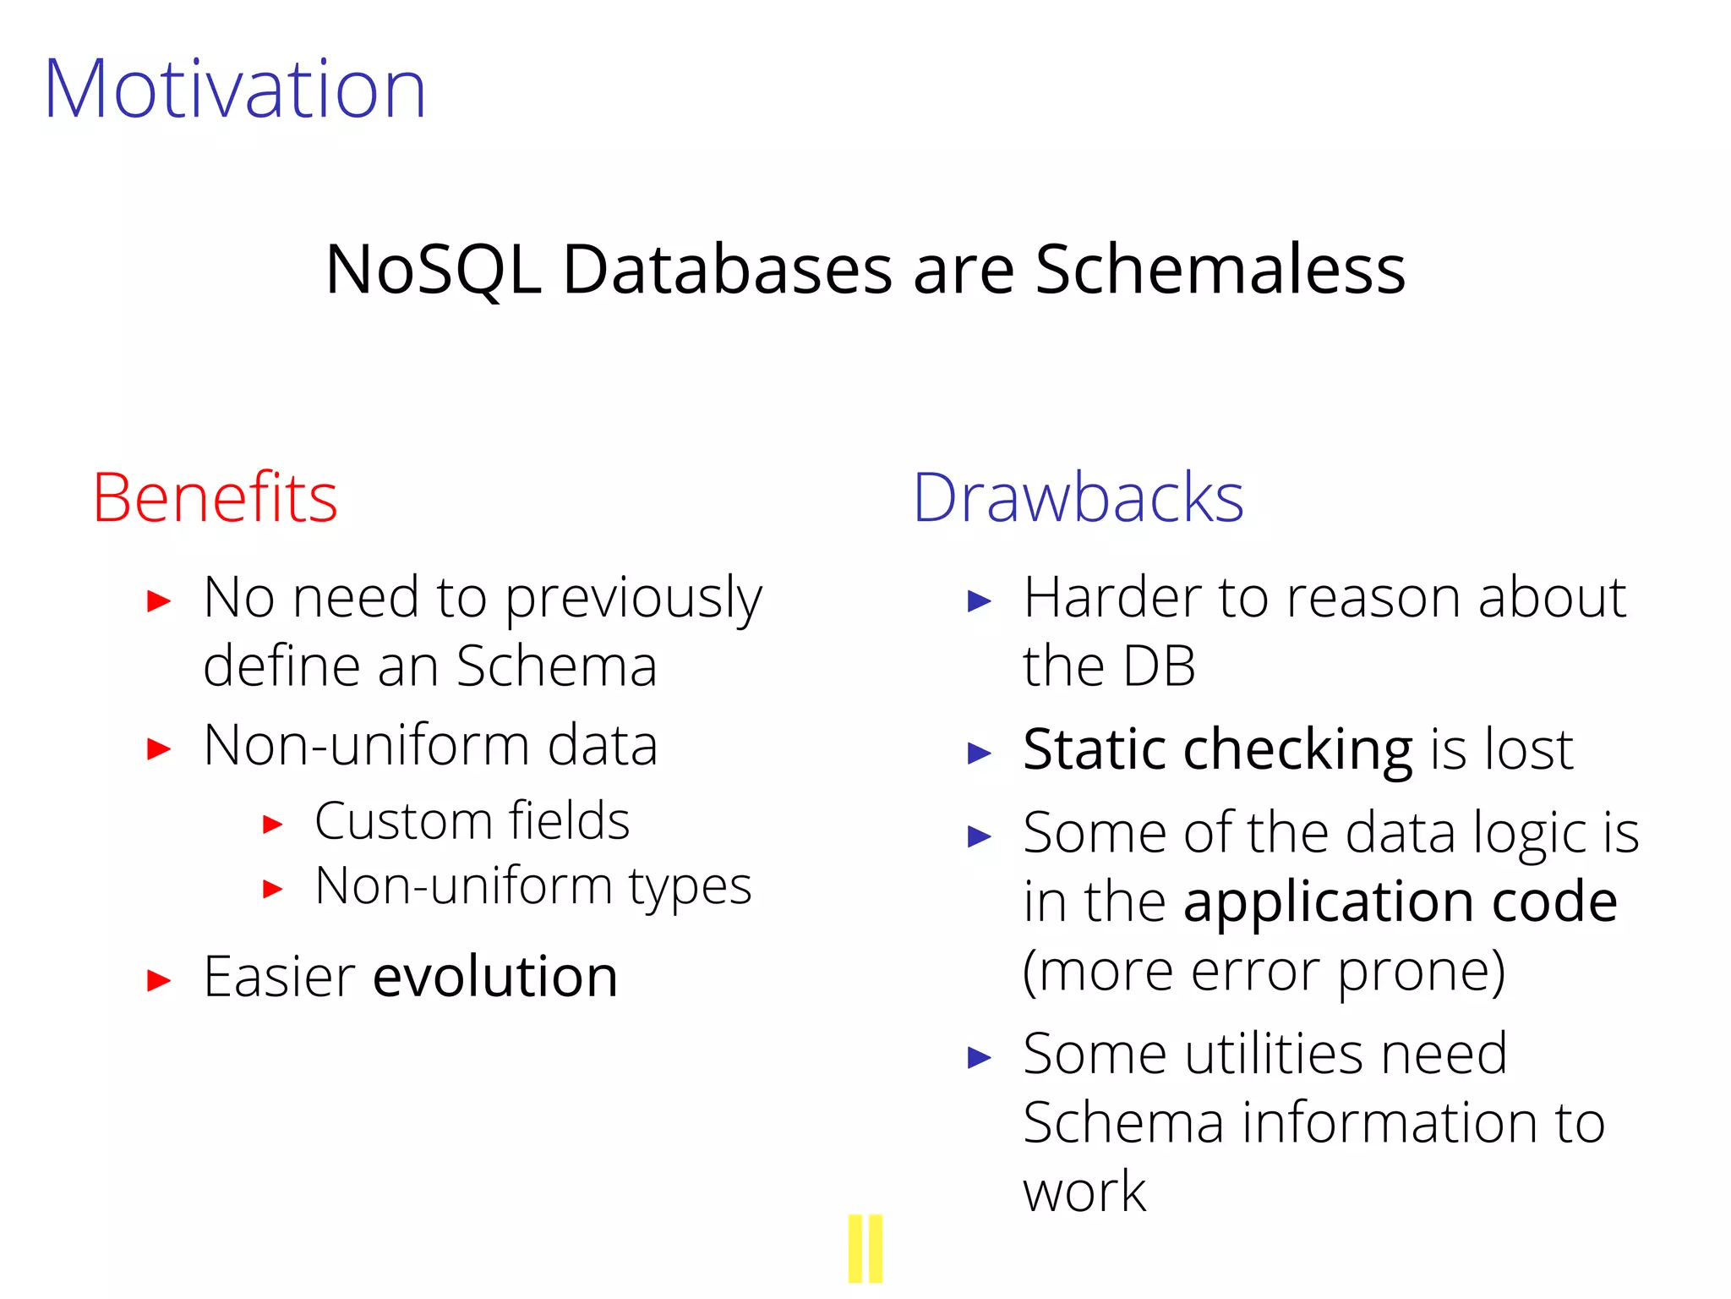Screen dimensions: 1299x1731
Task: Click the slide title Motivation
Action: (x=235, y=89)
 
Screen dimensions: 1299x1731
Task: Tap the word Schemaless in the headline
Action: (x=1220, y=269)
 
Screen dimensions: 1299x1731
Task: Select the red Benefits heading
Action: (x=215, y=498)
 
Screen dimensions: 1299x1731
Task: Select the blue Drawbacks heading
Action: (x=1078, y=498)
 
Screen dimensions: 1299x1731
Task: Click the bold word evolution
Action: (x=495, y=977)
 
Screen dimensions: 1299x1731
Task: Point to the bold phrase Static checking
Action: (x=1217, y=750)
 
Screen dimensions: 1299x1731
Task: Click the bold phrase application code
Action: (x=1400, y=902)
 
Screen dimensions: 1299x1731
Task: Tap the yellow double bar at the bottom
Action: (x=865, y=1248)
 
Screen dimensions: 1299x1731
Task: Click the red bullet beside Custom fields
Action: (x=272, y=824)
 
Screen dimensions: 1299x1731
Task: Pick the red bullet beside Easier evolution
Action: (x=159, y=981)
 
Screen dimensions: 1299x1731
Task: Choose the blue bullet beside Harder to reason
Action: (x=979, y=601)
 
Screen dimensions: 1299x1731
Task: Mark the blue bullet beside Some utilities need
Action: (x=979, y=1057)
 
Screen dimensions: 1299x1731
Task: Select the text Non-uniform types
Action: (x=532, y=887)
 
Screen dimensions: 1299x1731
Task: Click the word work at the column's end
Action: (x=1084, y=1192)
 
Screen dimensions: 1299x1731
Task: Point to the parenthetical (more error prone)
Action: (x=1264, y=971)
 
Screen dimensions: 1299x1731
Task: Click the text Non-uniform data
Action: (x=430, y=746)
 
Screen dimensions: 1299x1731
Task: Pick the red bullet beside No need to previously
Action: (x=159, y=601)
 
